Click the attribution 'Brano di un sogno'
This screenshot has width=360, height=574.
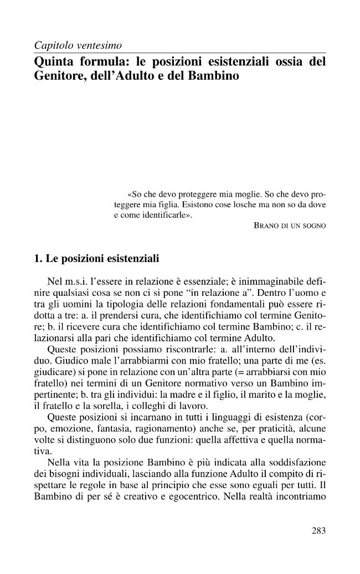coord(289,225)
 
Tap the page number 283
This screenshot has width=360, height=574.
coord(318,531)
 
